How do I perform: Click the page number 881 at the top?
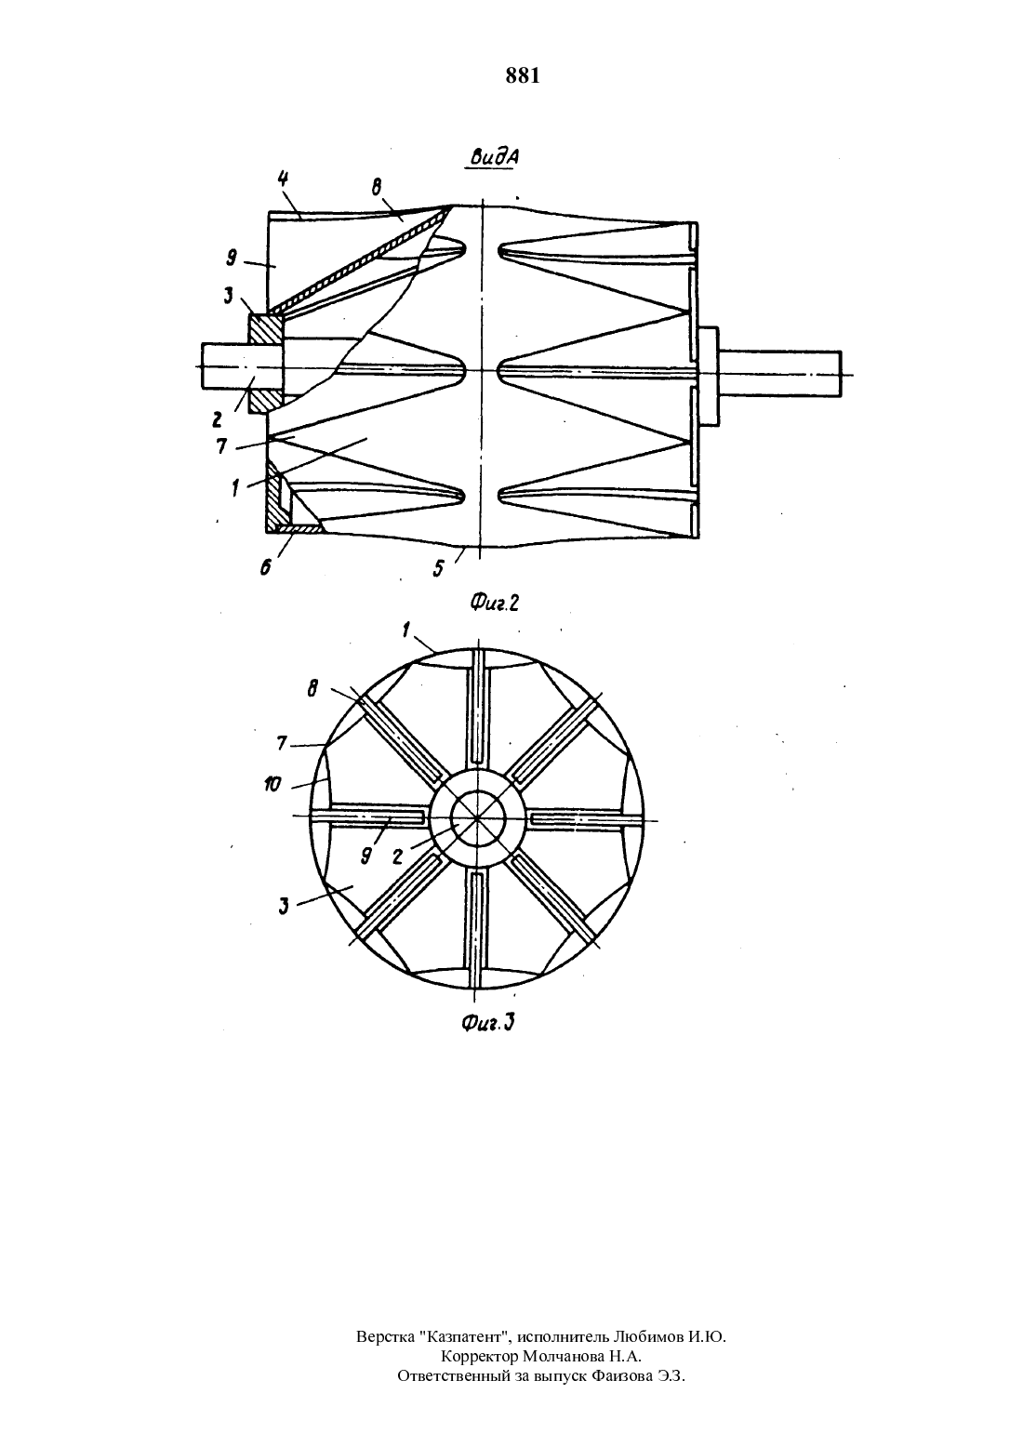click(x=523, y=76)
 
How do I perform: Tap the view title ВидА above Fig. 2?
click(x=492, y=157)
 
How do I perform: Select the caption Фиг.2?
click(x=494, y=603)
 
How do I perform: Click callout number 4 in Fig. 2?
click(x=283, y=179)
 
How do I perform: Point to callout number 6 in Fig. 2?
click(x=265, y=566)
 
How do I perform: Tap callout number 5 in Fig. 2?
click(x=439, y=568)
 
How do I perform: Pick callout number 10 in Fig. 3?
click(x=272, y=785)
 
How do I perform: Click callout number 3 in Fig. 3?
click(x=284, y=907)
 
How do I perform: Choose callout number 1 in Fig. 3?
click(x=405, y=630)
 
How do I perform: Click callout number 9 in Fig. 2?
click(x=232, y=259)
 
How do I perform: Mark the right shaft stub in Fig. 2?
click(x=780, y=374)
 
